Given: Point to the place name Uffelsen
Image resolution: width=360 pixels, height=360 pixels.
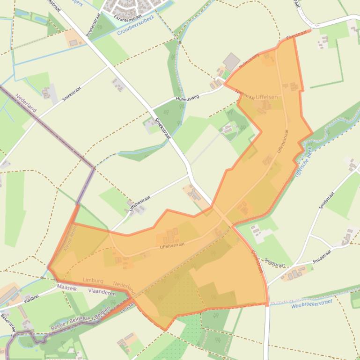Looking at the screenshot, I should [266, 97].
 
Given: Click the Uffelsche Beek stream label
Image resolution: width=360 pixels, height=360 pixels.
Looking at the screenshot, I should [303, 162].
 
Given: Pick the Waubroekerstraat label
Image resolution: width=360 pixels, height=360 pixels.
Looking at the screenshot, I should [311, 304].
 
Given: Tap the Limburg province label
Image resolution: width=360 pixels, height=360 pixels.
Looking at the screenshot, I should [93, 280].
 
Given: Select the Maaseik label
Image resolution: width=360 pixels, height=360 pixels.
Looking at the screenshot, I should [66, 288].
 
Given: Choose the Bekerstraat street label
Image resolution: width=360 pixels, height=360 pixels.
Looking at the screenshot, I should [7, 323].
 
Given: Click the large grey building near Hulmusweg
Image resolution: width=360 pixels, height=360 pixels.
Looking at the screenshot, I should [231, 61].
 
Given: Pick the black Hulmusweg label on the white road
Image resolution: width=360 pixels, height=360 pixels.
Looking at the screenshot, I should [187, 98].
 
